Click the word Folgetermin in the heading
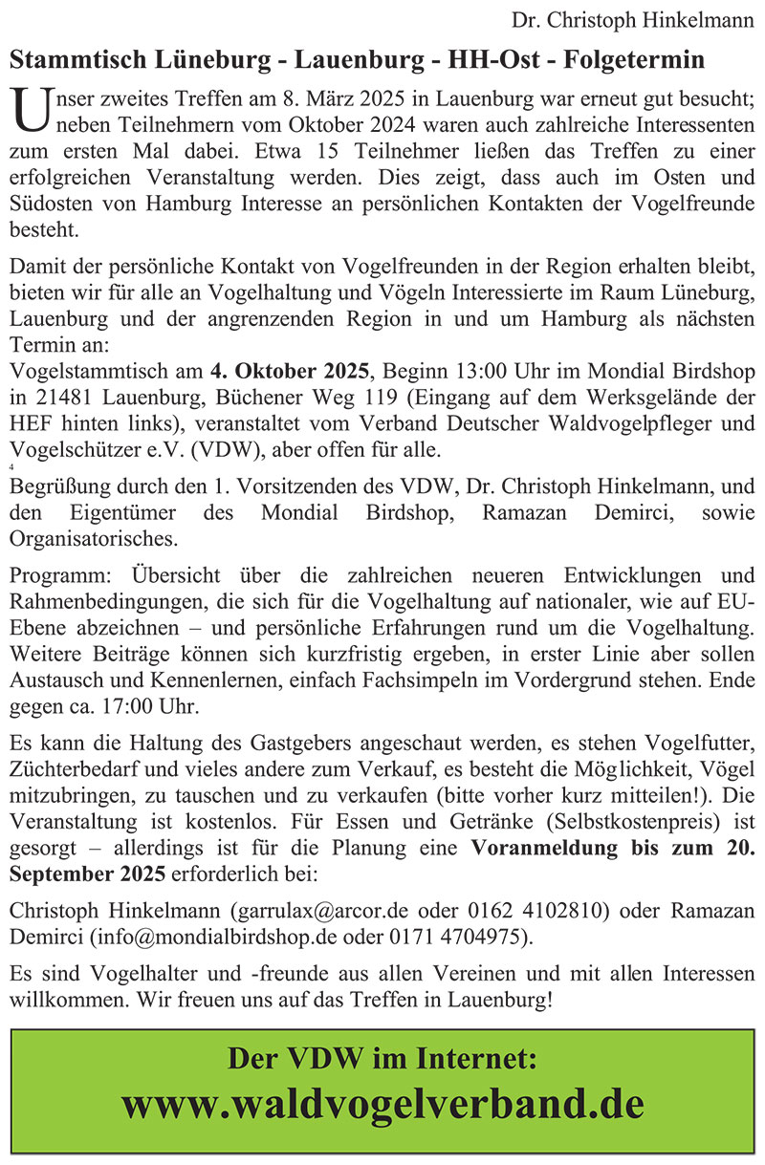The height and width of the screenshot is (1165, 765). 635,60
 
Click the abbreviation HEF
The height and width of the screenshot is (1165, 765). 29,424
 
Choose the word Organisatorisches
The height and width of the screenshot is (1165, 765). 93,538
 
